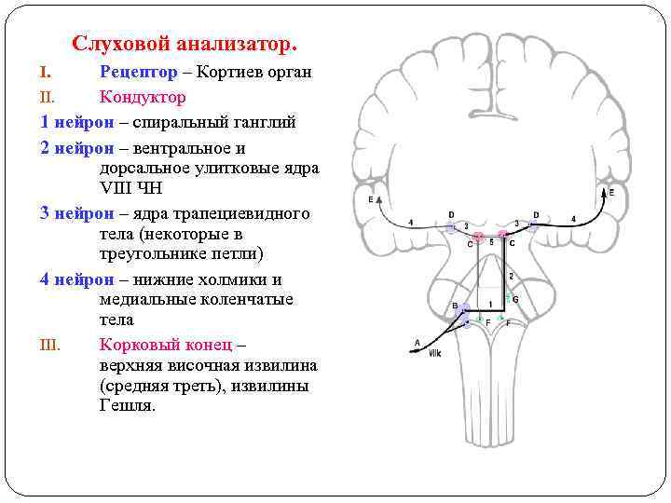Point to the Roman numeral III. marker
[50, 345]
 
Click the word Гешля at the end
[125, 405]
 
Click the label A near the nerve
[417, 342]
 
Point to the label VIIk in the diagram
[434, 353]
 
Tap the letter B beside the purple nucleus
[455, 306]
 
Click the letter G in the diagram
[515, 299]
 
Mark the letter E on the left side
[371, 199]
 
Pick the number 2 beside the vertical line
[511, 276]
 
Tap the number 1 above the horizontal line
[490, 305]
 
